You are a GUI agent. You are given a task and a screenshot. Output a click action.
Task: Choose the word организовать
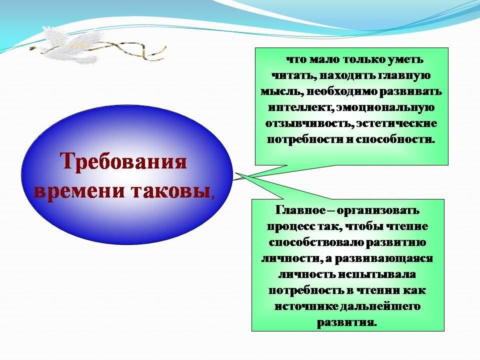(x=378, y=210)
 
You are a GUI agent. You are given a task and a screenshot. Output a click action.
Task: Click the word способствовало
(x=316, y=242)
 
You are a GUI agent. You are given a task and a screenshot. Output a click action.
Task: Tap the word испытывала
(x=376, y=274)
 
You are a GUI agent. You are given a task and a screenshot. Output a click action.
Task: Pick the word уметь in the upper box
(x=405, y=59)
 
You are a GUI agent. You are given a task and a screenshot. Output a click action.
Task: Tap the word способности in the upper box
(x=395, y=139)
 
